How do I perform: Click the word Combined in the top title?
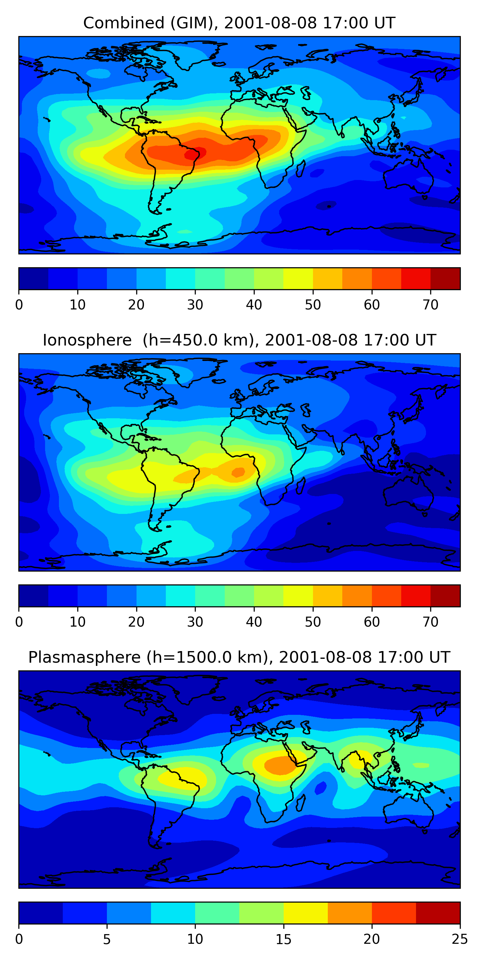click(x=123, y=23)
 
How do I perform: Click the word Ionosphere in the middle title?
click(x=87, y=340)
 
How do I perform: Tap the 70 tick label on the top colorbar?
click(x=430, y=305)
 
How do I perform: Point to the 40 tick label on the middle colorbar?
click(x=254, y=622)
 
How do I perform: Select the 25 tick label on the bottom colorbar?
click(x=459, y=939)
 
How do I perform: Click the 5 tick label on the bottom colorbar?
click(x=107, y=939)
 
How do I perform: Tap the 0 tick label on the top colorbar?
click(x=19, y=305)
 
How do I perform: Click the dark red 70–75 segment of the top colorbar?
click(x=445, y=279)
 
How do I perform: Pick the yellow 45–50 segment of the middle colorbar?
click(x=298, y=595)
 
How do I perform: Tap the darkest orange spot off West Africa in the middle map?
click(x=238, y=472)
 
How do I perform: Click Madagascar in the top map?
click(x=300, y=169)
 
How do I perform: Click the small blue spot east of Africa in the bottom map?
click(x=320, y=788)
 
